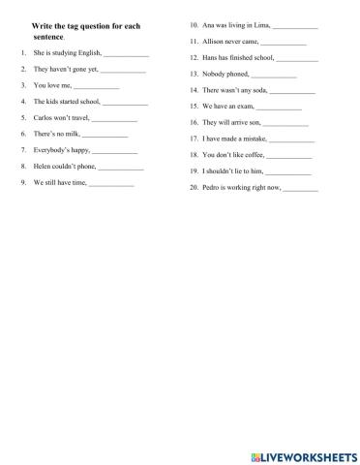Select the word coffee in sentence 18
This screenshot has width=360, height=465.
coord(249,155)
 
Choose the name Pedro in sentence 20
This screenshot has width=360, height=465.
coord(213,187)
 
